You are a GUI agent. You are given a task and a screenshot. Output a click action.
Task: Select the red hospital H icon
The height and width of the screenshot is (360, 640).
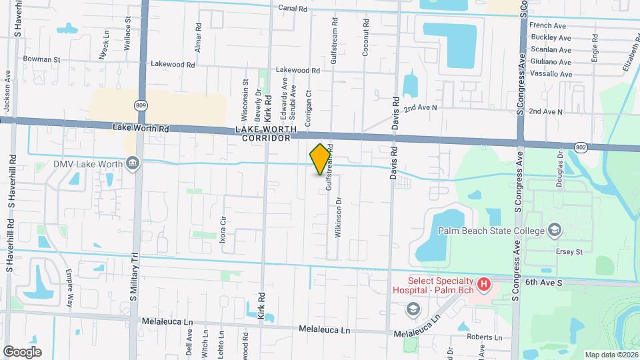coord(485,285)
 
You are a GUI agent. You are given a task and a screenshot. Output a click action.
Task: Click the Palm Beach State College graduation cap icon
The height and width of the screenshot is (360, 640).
coord(554,231)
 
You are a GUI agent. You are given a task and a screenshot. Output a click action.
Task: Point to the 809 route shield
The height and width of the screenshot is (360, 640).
coord(141,105)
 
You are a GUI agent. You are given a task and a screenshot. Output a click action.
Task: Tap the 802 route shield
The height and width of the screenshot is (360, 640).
coord(581,146)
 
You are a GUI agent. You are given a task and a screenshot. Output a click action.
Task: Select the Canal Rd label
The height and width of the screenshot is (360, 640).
coord(293,9)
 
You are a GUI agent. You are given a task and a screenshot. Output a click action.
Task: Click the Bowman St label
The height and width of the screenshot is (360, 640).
coord(41,59)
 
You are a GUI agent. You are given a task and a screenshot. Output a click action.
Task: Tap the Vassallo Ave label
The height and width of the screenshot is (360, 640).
coord(551,73)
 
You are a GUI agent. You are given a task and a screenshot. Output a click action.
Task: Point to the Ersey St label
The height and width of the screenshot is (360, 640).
coord(570,252)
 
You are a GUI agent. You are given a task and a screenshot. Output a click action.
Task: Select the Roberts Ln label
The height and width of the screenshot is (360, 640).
coord(484,337)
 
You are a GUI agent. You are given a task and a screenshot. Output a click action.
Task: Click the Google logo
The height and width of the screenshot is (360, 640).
coord(23,351)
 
